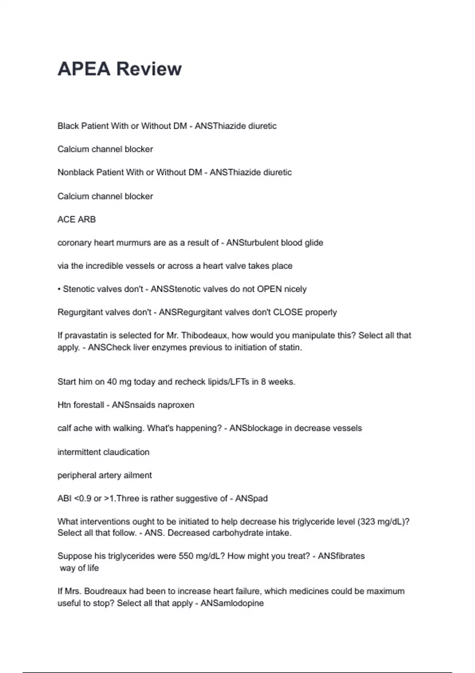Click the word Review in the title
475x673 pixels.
(x=149, y=69)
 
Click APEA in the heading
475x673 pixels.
(x=84, y=69)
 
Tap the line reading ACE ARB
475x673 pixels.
(x=76, y=219)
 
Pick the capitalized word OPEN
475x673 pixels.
(x=269, y=289)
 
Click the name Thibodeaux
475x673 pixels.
(x=203, y=336)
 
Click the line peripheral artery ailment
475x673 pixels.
(x=104, y=475)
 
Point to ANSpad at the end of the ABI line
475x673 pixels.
(x=251, y=498)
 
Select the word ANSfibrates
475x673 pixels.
(x=341, y=556)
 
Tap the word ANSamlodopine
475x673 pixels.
(x=232, y=603)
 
